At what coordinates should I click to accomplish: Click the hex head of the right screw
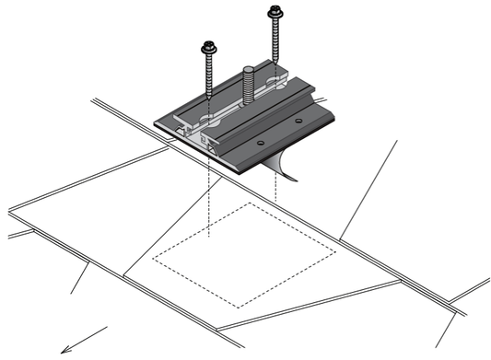[274, 13]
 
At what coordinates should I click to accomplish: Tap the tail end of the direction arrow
[107, 327]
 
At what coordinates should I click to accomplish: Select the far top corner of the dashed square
[250, 204]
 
